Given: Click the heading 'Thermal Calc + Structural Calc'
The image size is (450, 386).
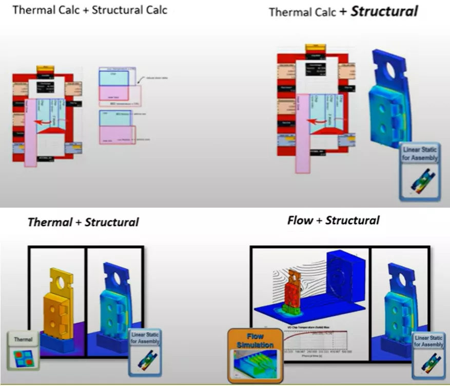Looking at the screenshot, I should (89, 10).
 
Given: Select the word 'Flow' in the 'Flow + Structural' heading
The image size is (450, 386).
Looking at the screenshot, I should (300, 220).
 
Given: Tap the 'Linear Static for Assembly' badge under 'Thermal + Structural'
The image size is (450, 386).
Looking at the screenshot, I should (145, 349).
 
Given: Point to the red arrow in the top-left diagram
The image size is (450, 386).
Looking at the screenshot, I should (45, 123).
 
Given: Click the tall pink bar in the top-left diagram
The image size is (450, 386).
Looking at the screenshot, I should (31, 132).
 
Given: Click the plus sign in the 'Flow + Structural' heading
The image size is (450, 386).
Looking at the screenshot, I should (319, 220).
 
